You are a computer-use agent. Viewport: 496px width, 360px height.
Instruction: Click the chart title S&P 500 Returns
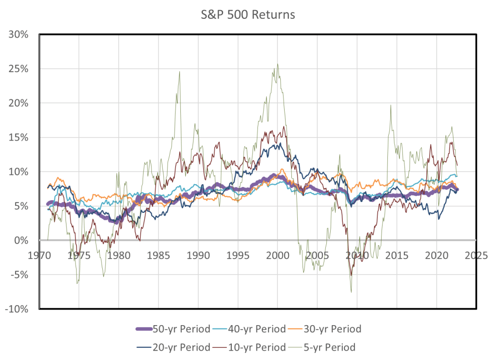(x=248, y=15)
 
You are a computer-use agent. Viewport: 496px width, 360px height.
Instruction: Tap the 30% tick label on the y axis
(x=18, y=34)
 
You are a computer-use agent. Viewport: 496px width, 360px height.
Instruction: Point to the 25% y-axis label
(x=18, y=69)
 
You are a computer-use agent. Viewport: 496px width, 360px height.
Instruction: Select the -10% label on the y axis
(x=16, y=309)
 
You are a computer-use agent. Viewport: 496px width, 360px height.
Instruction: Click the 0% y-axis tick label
(x=21, y=240)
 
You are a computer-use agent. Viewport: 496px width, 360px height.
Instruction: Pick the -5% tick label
(x=18, y=275)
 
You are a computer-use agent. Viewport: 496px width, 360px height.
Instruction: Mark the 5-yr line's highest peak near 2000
(x=277, y=64)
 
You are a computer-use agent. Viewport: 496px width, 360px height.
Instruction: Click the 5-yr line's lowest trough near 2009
(x=351, y=292)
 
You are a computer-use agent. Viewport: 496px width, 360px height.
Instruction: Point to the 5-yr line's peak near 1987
(x=180, y=72)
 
